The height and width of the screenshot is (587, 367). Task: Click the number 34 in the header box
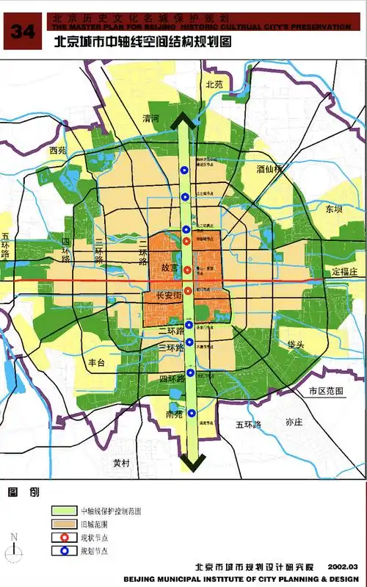[23, 31]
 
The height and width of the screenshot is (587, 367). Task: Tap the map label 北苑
[214, 84]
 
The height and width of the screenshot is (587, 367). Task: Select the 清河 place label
[150, 118]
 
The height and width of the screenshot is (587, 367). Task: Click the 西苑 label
[57, 150]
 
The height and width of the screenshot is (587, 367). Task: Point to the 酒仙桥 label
[269, 168]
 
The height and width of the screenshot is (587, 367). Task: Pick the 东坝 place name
[334, 209]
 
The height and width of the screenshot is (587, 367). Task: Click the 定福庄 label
[343, 272]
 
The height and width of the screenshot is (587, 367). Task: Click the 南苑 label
[173, 415]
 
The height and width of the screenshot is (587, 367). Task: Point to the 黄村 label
[121, 463]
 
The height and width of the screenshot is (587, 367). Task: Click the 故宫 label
[170, 268]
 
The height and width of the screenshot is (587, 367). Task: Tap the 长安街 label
[169, 296]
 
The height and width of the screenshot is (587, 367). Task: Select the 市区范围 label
[326, 392]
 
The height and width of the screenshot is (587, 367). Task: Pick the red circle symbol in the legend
[65, 538]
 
